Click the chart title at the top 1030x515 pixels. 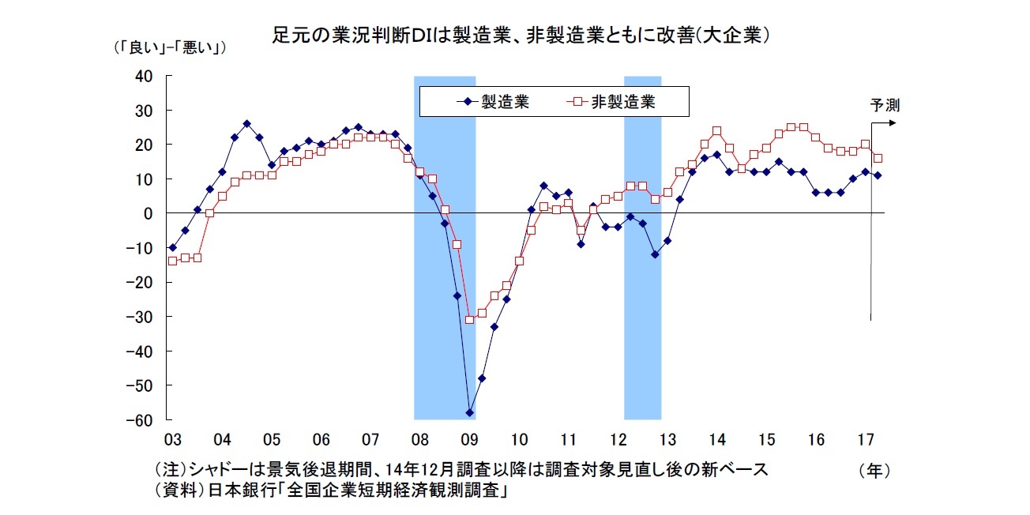pos(521,36)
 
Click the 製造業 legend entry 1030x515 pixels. pos(506,101)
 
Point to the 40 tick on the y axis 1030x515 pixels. pos(144,76)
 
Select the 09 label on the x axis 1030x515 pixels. pos(469,438)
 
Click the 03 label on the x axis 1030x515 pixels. pos(172,438)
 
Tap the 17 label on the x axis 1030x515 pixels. pos(865,438)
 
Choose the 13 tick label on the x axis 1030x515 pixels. pos(667,438)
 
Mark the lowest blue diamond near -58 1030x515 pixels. pos(469,412)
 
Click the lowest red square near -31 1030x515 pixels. pos(469,319)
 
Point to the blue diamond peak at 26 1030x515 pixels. pos(246,124)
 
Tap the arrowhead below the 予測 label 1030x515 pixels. pos(893,123)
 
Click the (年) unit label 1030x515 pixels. pos(874,471)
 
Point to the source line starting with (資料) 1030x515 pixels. pos(332,491)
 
